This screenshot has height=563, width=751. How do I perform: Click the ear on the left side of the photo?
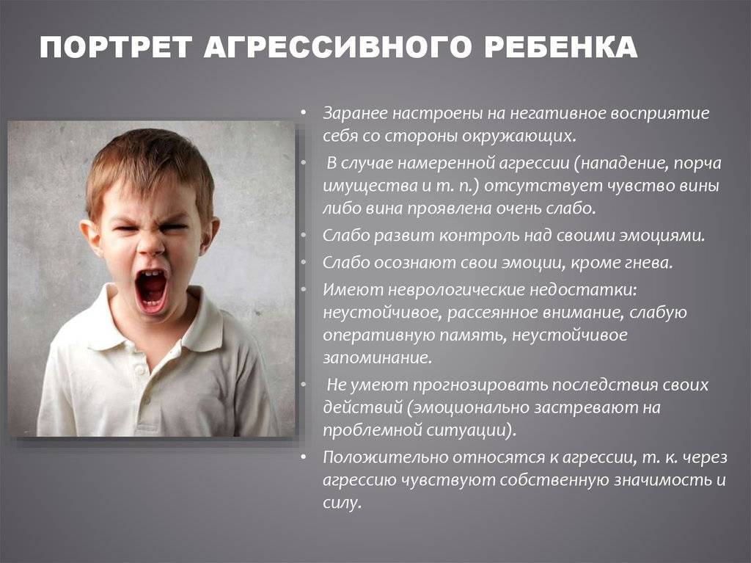coord(90,236)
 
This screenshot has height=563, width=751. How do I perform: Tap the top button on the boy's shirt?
coord(140,371)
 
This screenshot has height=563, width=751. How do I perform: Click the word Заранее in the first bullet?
coord(355,113)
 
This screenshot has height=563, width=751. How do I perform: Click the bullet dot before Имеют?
coord(303,289)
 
